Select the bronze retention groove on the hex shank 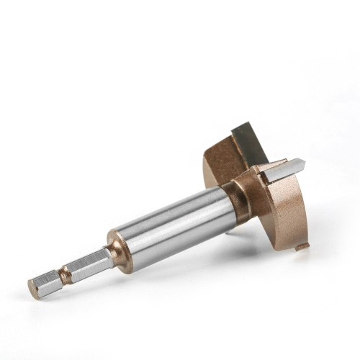(65, 274)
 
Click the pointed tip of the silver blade (304, 163)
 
